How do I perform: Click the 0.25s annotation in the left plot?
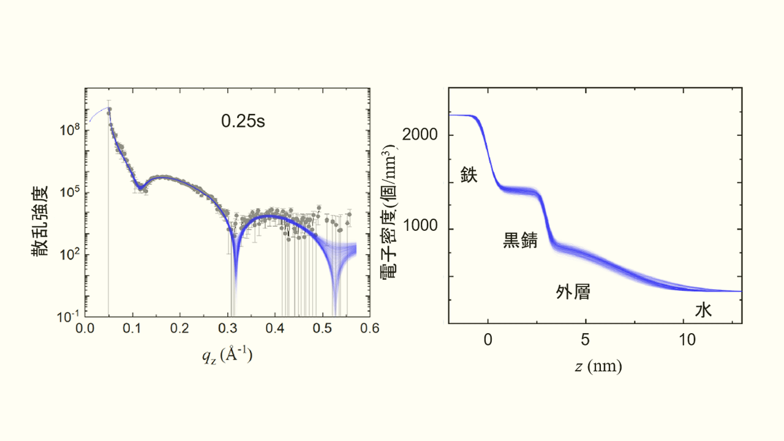coord(243,121)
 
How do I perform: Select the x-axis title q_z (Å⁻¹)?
coord(227,356)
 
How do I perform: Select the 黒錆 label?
coord(520,241)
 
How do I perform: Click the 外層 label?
coord(573,292)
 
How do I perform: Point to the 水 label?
coord(703,311)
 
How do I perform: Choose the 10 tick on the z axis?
coord(687,339)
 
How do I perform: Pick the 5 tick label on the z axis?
coord(586,339)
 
